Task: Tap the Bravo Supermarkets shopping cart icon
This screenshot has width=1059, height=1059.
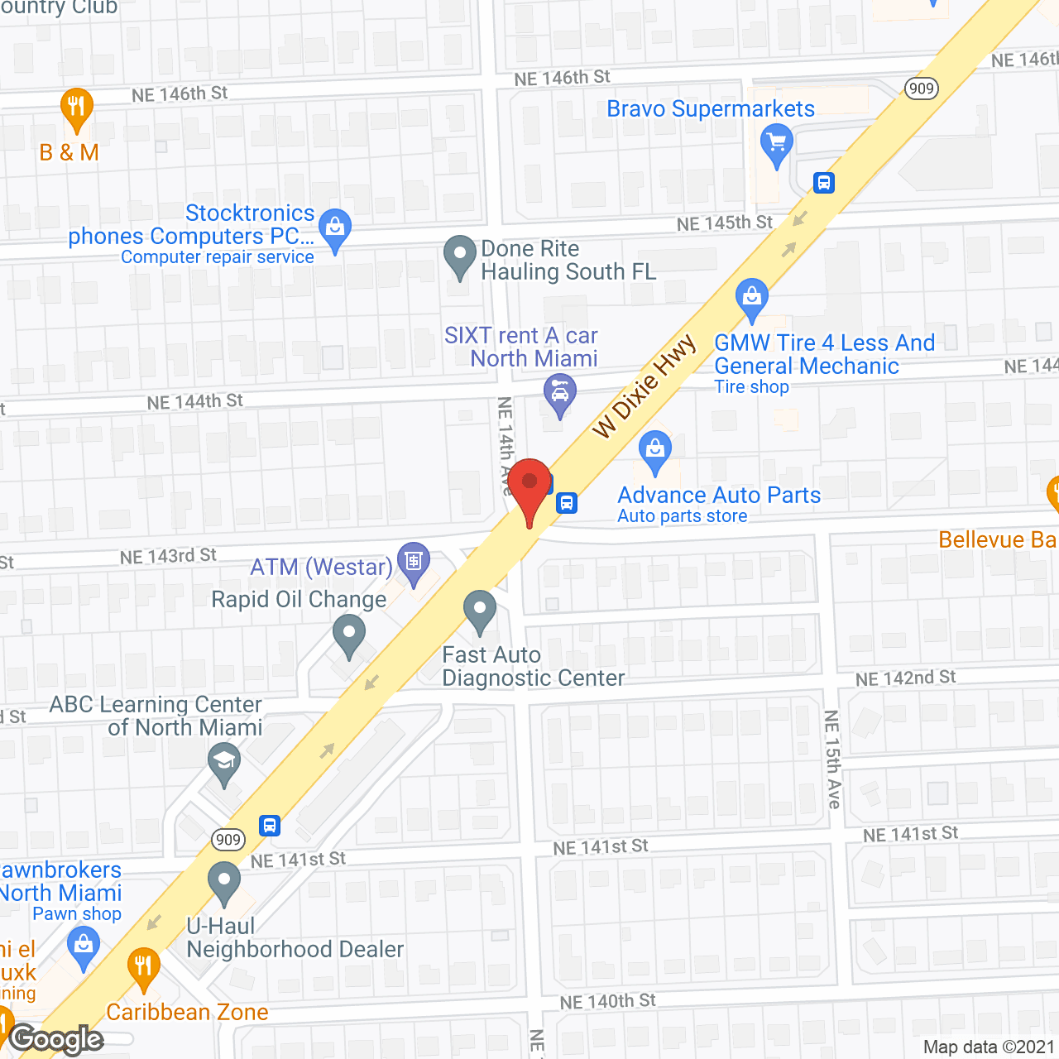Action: click(776, 144)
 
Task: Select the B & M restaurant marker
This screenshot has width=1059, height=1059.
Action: click(76, 107)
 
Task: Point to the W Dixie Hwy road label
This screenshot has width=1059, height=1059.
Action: click(645, 386)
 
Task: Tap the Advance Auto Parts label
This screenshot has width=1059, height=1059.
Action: click(719, 495)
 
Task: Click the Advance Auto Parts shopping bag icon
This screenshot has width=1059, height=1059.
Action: click(655, 450)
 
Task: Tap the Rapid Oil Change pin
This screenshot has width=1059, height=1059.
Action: click(349, 636)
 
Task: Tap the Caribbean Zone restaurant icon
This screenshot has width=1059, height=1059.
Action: click(144, 966)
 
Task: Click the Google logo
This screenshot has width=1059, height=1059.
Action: click(56, 1039)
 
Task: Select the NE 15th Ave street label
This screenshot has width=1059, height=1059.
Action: click(832, 759)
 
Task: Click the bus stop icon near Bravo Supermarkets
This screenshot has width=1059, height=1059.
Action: click(823, 182)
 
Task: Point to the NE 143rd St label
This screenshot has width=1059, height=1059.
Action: click(168, 556)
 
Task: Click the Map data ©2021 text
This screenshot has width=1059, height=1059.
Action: click(989, 1047)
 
